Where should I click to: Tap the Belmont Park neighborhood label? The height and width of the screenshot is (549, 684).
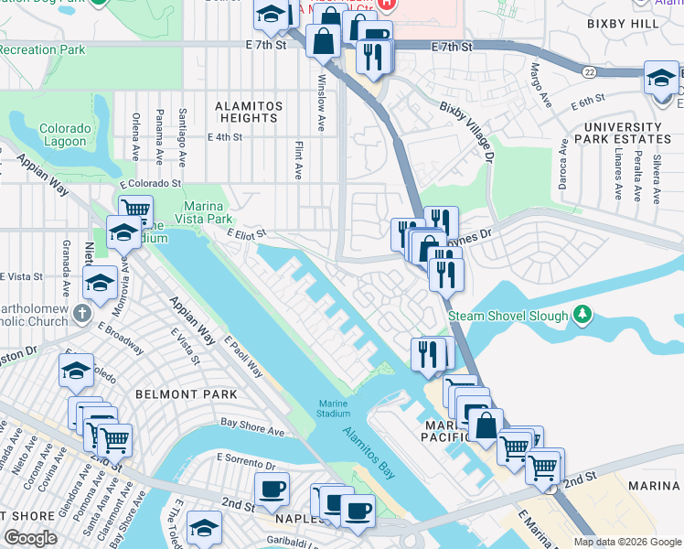(x=186, y=393)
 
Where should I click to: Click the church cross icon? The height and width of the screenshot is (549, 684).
(x=82, y=314)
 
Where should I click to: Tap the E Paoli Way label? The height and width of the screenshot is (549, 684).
(x=243, y=357)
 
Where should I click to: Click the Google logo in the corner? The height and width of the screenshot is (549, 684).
(x=30, y=538)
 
